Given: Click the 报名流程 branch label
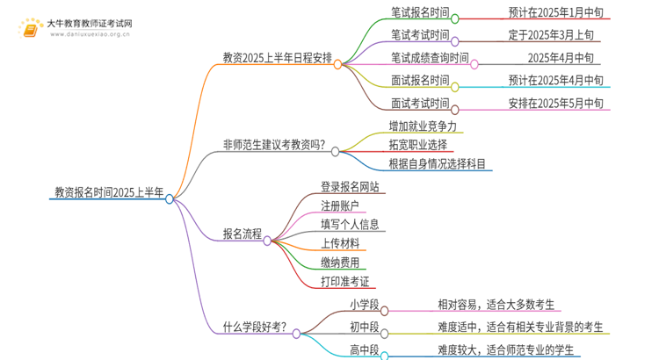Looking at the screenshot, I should click(243, 234).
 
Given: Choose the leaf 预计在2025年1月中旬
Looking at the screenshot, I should click(555, 13).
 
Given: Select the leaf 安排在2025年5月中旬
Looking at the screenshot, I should click(555, 104).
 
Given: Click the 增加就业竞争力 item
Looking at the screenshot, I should click(423, 126).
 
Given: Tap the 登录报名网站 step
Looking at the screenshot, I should click(350, 186).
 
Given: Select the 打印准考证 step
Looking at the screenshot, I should click(344, 281).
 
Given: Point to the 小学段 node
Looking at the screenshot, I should click(363, 305).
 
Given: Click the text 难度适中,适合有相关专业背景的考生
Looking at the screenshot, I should click(520, 328).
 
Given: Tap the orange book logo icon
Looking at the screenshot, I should click(31, 28).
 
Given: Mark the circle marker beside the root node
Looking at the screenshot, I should click(170, 199).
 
